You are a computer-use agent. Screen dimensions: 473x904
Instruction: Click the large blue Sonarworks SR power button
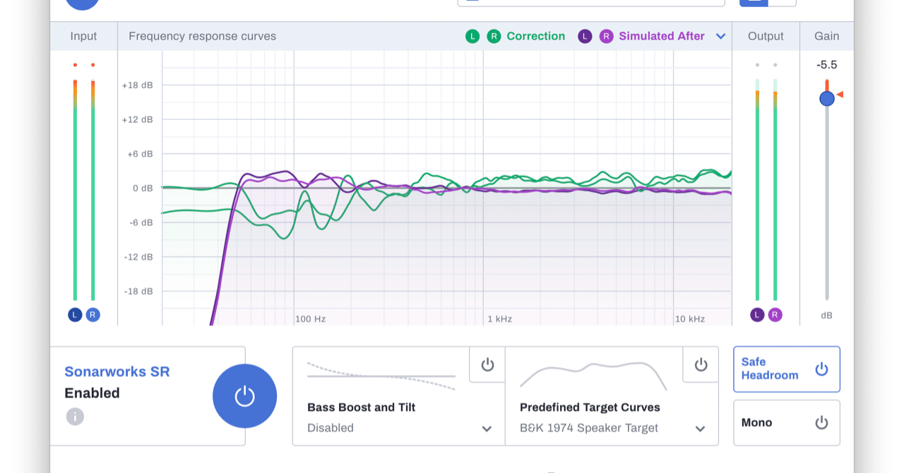tap(244, 396)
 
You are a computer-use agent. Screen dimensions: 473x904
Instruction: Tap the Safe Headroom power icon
tap(821, 369)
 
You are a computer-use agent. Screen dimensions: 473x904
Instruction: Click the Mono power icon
tap(821, 423)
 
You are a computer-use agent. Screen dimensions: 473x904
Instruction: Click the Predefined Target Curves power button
tap(701, 364)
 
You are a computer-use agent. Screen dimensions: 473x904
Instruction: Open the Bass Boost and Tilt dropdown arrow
tap(487, 429)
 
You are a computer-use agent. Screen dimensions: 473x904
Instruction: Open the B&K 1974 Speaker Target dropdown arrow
tap(700, 429)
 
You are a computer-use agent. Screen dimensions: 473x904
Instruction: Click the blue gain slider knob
tap(827, 99)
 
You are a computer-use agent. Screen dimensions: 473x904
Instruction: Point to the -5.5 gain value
tap(826, 65)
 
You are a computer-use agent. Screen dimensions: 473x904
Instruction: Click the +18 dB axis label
tap(137, 85)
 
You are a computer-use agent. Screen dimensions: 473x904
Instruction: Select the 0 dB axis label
tap(142, 188)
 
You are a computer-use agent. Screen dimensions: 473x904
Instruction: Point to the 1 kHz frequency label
tap(499, 319)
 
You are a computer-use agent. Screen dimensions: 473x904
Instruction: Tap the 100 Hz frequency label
tap(310, 319)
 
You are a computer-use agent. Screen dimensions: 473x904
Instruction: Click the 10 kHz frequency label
tap(689, 319)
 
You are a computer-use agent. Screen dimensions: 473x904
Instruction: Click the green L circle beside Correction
tap(472, 37)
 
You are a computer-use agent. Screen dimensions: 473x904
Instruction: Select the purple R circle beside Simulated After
tap(606, 37)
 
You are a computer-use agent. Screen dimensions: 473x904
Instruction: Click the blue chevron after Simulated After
tap(720, 37)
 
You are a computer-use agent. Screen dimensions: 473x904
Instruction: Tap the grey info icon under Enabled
tap(75, 417)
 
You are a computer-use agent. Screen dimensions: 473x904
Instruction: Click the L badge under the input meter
tap(75, 315)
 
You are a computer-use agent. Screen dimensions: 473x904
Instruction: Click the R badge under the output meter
tap(775, 315)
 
